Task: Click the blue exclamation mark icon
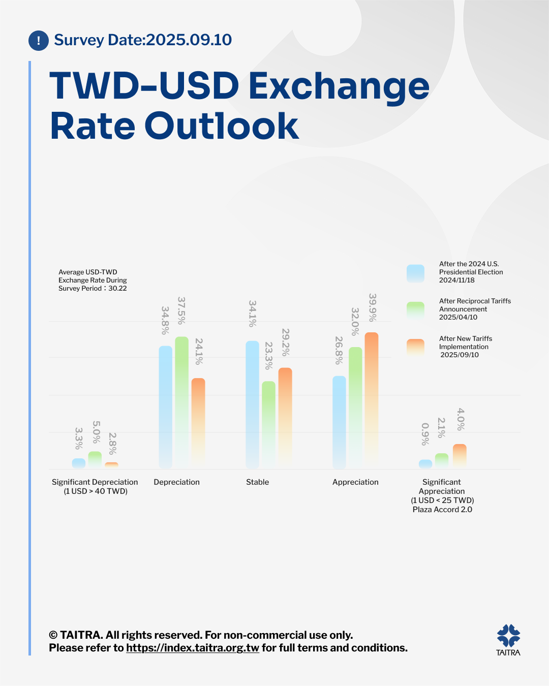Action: click(x=39, y=41)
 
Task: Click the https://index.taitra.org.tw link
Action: click(x=193, y=648)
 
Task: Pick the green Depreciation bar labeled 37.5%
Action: click(x=181, y=401)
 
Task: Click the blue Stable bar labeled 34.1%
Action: click(x=252, y=404)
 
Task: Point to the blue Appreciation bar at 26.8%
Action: click(x=339, y=422)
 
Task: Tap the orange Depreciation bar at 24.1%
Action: click(x=198, y=422)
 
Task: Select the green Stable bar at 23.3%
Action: click(x=268, y=424)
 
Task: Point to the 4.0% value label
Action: click(x=461, y=419)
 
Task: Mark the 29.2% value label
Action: click(x=286, y=342)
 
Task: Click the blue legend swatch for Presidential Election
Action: click(x=415, y=273)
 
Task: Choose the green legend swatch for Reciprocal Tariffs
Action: click(x=415, y=310)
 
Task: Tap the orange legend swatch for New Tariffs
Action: click(x=415, y=347)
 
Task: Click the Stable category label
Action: click(x=257, y=482)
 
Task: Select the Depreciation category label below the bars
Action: click(x=176, y=482)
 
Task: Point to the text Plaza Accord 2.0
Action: click(x=442, y=510)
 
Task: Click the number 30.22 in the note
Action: click(x=118, y=289)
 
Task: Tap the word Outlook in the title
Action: click(x=222, y=126)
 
